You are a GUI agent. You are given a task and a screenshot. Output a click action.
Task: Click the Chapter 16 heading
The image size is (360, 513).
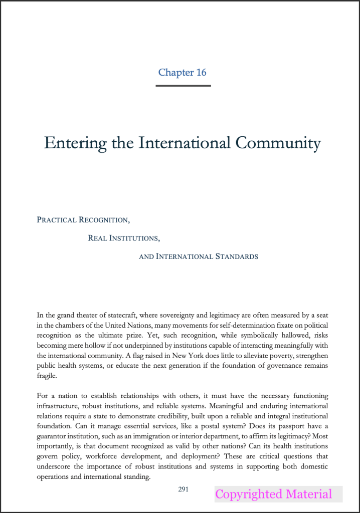[x=183, y=72]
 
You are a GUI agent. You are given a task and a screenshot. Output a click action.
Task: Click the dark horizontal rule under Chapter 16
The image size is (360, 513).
[x=183, y=86]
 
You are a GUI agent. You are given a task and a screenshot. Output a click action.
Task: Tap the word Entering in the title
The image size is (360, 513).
[x=75, y=143]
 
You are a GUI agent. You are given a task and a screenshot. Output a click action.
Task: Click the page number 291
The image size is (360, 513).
[x=184, y=489]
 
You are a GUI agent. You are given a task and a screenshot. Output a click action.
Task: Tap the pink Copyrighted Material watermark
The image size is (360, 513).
[x=273, y=494]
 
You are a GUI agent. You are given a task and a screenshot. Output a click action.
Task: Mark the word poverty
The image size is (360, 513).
[x=255, y=356]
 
